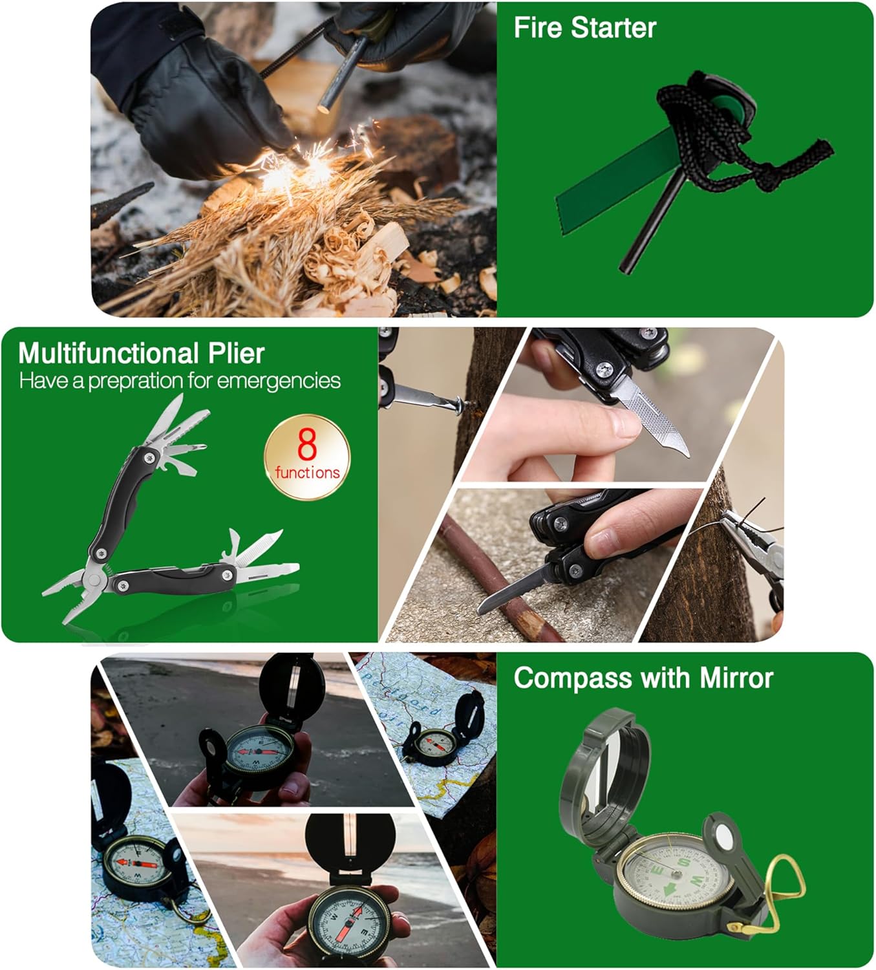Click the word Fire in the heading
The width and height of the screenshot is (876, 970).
537,27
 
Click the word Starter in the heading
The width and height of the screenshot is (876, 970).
614,27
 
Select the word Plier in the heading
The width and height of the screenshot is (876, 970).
236,354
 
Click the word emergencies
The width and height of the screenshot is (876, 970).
279,381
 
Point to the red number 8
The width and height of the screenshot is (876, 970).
307,445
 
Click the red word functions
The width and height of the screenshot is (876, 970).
308,473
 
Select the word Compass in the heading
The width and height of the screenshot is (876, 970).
573,678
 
